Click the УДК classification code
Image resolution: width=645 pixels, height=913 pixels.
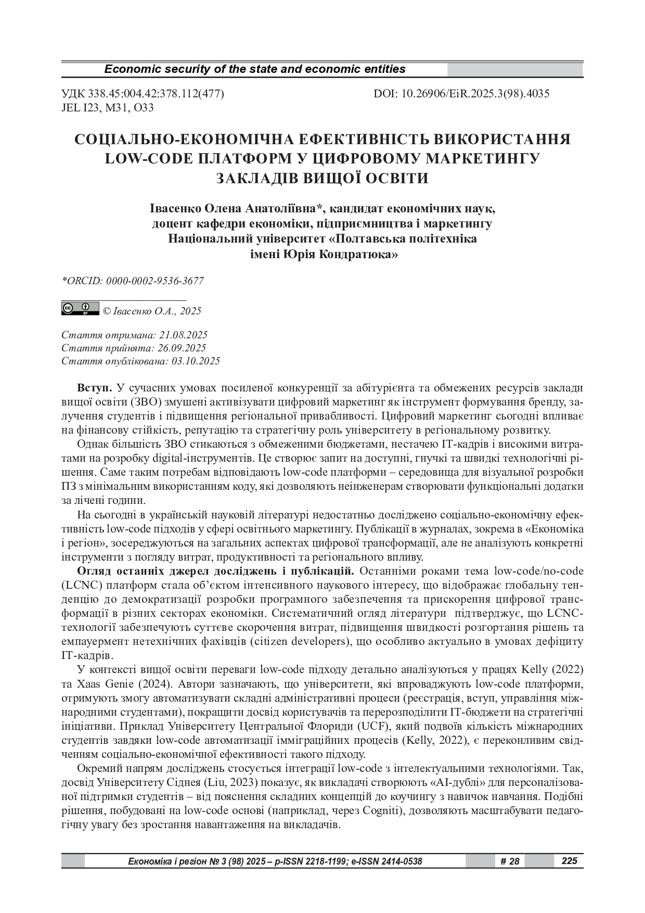[x=143, y=94]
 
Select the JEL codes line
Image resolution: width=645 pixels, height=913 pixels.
[x=108, y=108]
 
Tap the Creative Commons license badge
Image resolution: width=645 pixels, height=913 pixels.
[x=80, y=309]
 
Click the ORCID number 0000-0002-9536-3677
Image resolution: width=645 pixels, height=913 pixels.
[x=155, y=281]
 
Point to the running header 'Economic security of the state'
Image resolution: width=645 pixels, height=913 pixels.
[x=255, y=69]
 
